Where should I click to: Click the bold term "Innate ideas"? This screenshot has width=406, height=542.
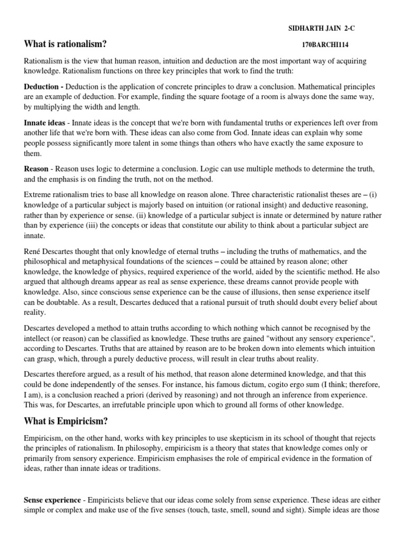point(44,122)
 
